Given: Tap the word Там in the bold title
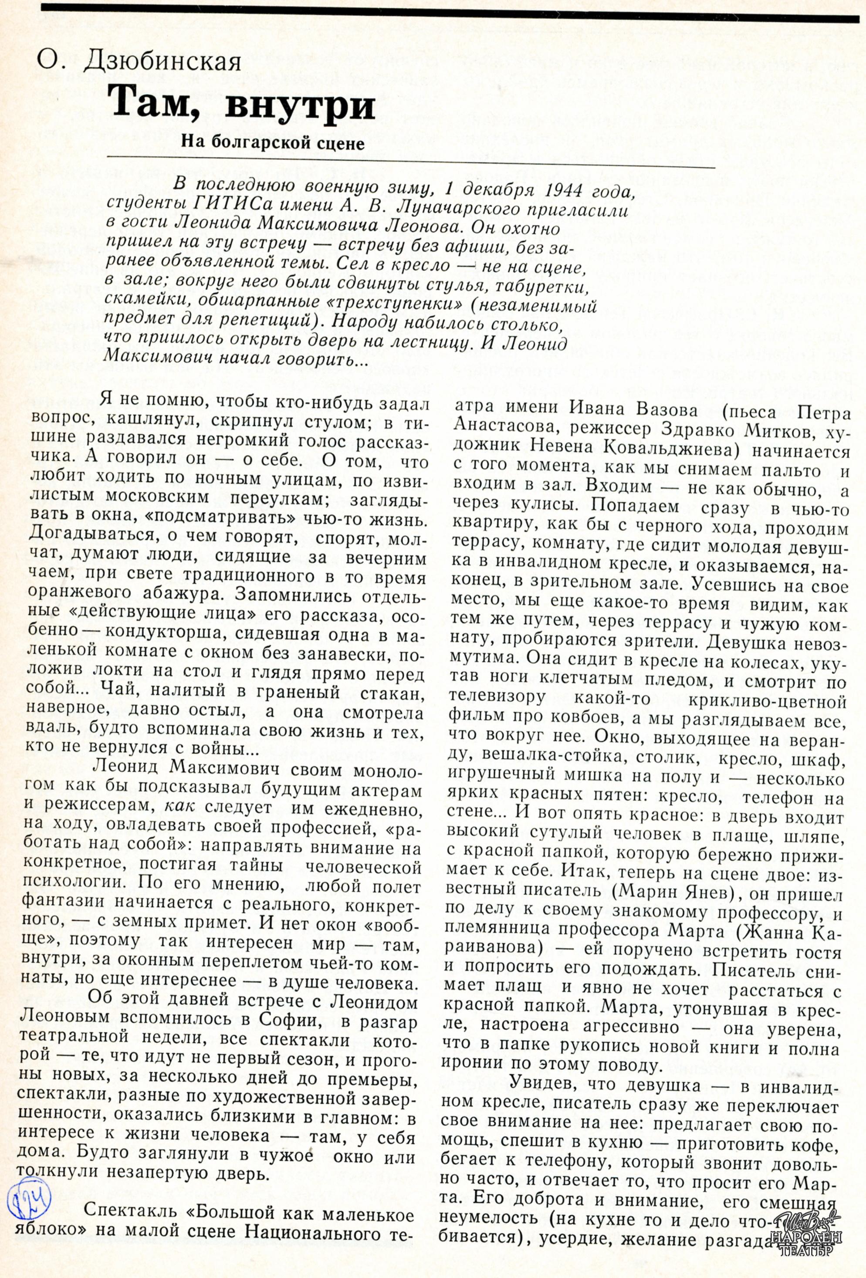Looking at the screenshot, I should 152,105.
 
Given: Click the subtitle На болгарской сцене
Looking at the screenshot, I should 273,144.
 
